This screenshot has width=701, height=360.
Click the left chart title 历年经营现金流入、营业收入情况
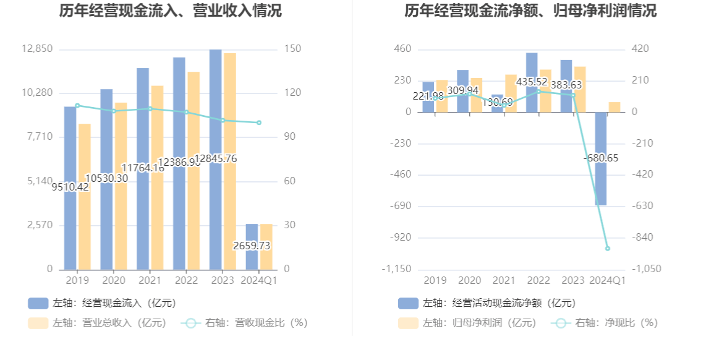tap(170, 11)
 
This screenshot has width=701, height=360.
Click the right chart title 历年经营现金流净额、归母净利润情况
tap(530, 11)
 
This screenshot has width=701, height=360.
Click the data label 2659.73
tap(252, 246)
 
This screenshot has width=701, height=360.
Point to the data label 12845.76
tap(216, 158)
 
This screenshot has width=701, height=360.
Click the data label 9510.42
tap(69, 186)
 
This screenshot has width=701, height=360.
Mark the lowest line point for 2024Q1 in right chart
tap(608, 249)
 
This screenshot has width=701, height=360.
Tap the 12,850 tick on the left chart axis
tap(38, 49)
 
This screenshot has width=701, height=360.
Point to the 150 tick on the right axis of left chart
tap(292, 49)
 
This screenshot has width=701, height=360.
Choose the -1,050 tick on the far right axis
tap(646, 269)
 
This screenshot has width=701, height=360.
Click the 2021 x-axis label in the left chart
tap(150, 281)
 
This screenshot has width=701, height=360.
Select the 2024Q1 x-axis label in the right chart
tap(608, 281)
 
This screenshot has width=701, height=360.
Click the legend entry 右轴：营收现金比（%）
tap(245, 323)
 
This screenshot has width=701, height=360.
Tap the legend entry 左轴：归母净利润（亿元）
tap(468, 323)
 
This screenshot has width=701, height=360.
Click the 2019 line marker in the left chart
tap(77, 106)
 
